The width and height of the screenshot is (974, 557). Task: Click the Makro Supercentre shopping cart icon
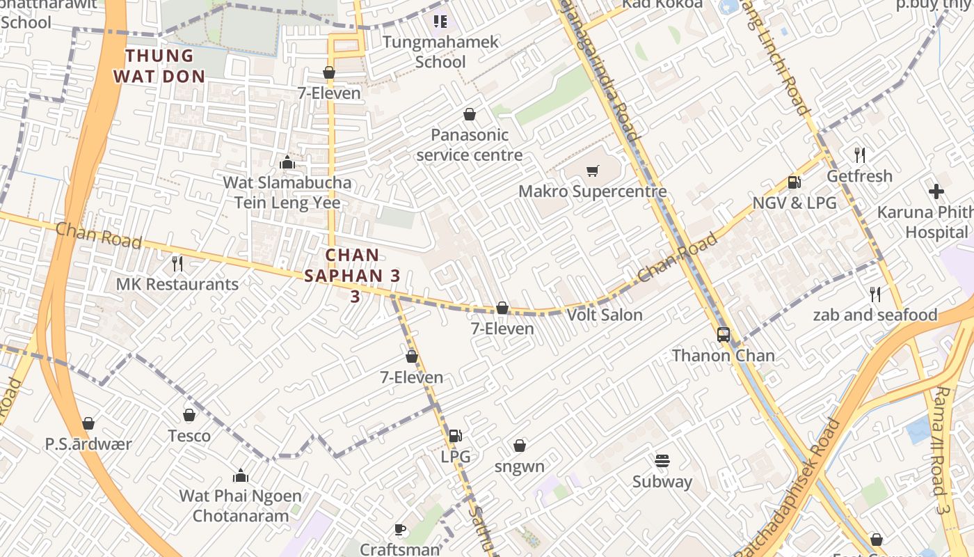pyautogui.click(x=593, y=171)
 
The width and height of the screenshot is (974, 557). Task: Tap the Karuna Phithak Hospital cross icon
pyautogui.click(x=936, y=191)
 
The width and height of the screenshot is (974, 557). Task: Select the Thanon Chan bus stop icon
pyautogui.click(x=724, y=335)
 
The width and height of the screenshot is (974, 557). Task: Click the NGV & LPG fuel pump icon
pyautogui.click(x=794, y=182)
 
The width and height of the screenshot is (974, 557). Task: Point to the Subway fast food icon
pyautogui.click(x=662, y=461)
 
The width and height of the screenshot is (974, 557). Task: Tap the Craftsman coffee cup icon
pyautogui.click(x=400, y=530)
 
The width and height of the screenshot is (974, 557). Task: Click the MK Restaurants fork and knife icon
pyautogui.click(x=177, y=263)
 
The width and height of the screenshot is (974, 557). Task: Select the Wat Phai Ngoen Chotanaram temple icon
pyautogui.click(x=241, y=476)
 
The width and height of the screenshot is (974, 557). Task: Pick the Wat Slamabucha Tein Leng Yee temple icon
pyautogui.click(x=287, y=163)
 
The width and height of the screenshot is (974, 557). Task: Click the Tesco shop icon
pyautogui.click(x=189, y=415)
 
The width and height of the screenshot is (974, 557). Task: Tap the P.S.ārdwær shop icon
pyautogui.click(x=88, y=423)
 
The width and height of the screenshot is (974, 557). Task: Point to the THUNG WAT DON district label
pyautogui.click(x=159, y=65)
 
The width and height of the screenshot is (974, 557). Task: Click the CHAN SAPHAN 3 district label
pyautogui.click(x=353, y=275)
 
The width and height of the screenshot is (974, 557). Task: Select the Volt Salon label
pyautogui.click(x=605, y=315)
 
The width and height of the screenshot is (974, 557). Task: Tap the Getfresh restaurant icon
pyautogui.click(x=860, y=155)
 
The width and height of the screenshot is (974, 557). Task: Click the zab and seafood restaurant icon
pyautogui.click(x=875, y=295)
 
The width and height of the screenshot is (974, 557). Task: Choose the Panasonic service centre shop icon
pyautogui.click(x=470, y=114)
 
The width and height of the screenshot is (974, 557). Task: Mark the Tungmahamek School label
pyautogui.click(x=440, y=52)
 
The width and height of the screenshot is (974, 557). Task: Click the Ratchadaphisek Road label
pyautogui.click(x=786, y=487)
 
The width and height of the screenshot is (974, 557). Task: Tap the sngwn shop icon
pyautogui.click(x=520, y=446)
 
